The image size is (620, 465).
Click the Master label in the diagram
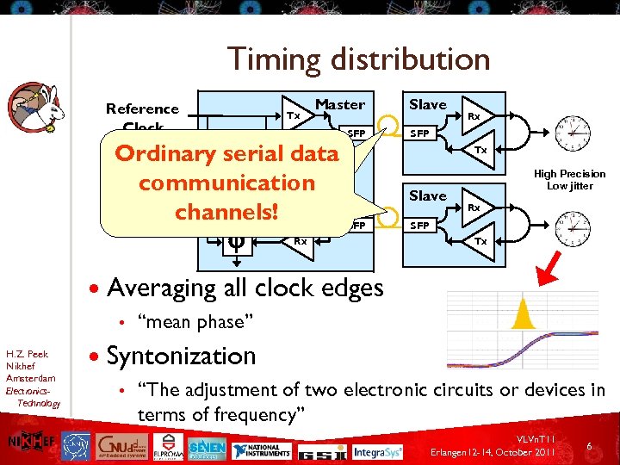pos(340,104)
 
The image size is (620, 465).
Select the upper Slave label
pos(427,104)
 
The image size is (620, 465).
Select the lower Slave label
pos(427,195)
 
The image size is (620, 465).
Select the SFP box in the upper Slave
pos(419,133)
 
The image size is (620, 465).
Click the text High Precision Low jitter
pos(569,179)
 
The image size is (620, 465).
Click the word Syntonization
pos(181,356)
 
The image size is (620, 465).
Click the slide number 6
pos(589,446)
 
